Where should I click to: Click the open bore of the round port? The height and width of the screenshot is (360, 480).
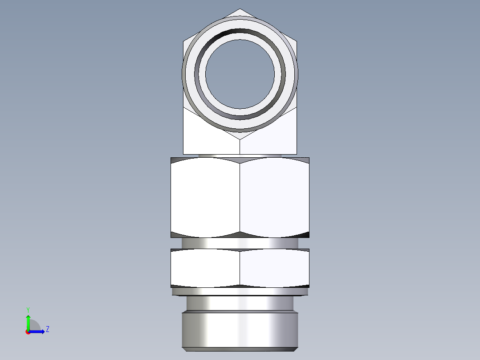[x=240, y=74]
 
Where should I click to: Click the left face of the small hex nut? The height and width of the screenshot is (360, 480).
[x=205, y=268]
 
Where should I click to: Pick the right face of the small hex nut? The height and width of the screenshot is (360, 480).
[x=274, y=268]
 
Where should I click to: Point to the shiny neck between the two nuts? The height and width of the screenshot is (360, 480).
[x=240, y=243]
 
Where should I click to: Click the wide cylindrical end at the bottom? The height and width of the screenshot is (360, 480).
[x=240, y=330]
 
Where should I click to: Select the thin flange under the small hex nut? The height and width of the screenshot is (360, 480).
[x=240, y=291]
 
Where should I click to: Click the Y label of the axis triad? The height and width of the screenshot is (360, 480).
[x=28, y=309]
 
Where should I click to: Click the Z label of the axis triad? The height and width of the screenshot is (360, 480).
[x=47, y=329]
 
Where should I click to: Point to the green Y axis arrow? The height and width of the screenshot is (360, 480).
[x=28, y=321]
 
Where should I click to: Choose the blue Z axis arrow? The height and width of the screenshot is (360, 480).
[x=38, y=331]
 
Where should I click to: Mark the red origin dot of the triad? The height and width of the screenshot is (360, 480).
[x=28, y=332]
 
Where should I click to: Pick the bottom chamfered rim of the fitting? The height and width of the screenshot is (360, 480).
[x=240, y=349]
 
